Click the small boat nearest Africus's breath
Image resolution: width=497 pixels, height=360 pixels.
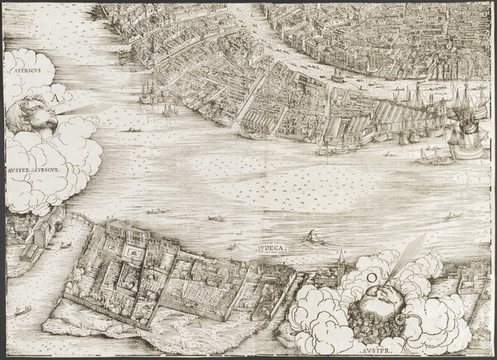coord(128,130)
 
